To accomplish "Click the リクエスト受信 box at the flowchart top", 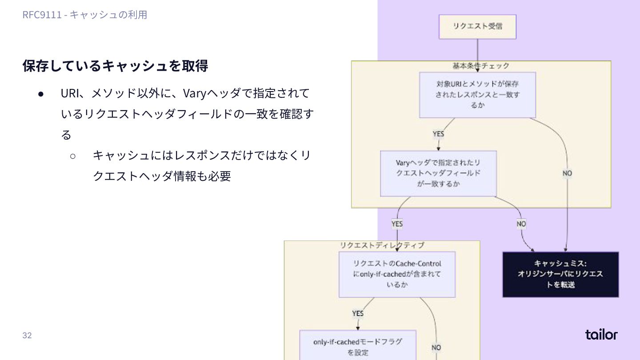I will point(477,27).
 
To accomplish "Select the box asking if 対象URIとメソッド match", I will point(477,95).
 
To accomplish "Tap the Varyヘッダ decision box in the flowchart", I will point(438,173).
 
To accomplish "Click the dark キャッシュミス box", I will point(560,274).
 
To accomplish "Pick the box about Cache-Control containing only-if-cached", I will point(397,274).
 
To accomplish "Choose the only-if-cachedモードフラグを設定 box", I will point(357,347).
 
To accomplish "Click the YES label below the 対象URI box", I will point(438,134).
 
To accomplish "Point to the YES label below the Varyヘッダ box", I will point(397,224).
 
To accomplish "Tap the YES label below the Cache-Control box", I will point(358,313).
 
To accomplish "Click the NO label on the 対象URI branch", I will point(567,173).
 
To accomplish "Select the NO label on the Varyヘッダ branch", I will point(521,224).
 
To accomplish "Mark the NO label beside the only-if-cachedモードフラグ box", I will point(436,347).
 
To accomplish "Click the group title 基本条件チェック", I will point(481,66).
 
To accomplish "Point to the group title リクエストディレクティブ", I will point(382,245).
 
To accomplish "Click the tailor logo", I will point(601,334).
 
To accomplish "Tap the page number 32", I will point(27,335).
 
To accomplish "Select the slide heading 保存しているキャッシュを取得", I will point(115,66).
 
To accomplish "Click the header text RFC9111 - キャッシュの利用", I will point(85,15).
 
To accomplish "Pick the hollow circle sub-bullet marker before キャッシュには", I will point(73,156).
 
